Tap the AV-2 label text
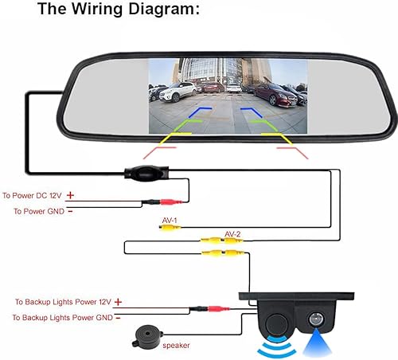(x=232, y=233)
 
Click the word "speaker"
(x=177, y=346)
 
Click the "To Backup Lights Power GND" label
(x=63, y=318)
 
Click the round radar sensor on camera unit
(x=276, y=322)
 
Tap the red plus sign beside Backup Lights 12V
(x=119, y=302)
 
